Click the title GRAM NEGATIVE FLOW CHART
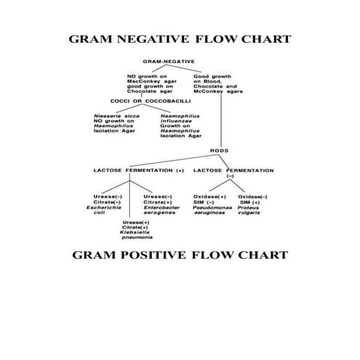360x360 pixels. (x=180, y=39)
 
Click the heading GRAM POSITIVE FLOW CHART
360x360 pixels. (x=180, y=255)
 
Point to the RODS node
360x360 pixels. (x=219, y=151)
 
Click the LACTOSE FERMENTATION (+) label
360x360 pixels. (x=138, y=170)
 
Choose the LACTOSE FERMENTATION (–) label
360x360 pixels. (x=233, y=173)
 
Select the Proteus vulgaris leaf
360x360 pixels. (x=254, y=207)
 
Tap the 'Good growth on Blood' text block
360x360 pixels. (x=217, y=82)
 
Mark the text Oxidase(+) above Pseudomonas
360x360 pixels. (x=209, y=196)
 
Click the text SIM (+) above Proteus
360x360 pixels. (x=251, y=201)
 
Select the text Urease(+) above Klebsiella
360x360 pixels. (x=136, y=222)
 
